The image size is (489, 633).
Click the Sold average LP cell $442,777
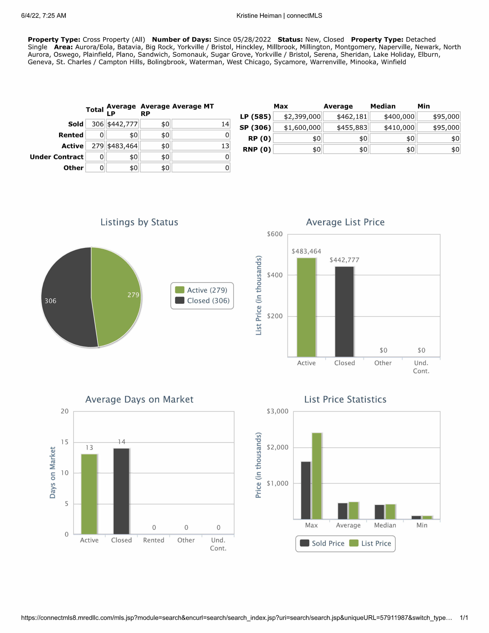click(x=122, y=124)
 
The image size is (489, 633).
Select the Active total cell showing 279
click(x=95, y=146)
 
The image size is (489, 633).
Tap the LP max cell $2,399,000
click(x=297, y=116)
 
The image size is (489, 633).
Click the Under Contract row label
click(x=57, y=157)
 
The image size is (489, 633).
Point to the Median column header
click(x=383, y=106)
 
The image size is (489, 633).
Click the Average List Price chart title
click(x=345, y=222)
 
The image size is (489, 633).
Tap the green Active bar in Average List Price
click(x=306, y=307)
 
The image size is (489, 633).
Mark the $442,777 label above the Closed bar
click(x=344, y=260)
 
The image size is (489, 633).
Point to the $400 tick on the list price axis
click(x=274, y=275)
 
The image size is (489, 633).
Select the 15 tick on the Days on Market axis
click(x=65, y=442)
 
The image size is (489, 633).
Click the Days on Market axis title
click(x=52, y=473)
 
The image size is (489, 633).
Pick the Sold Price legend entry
click(x=322, y=543)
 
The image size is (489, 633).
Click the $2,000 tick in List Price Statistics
click(x=277, y=447)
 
